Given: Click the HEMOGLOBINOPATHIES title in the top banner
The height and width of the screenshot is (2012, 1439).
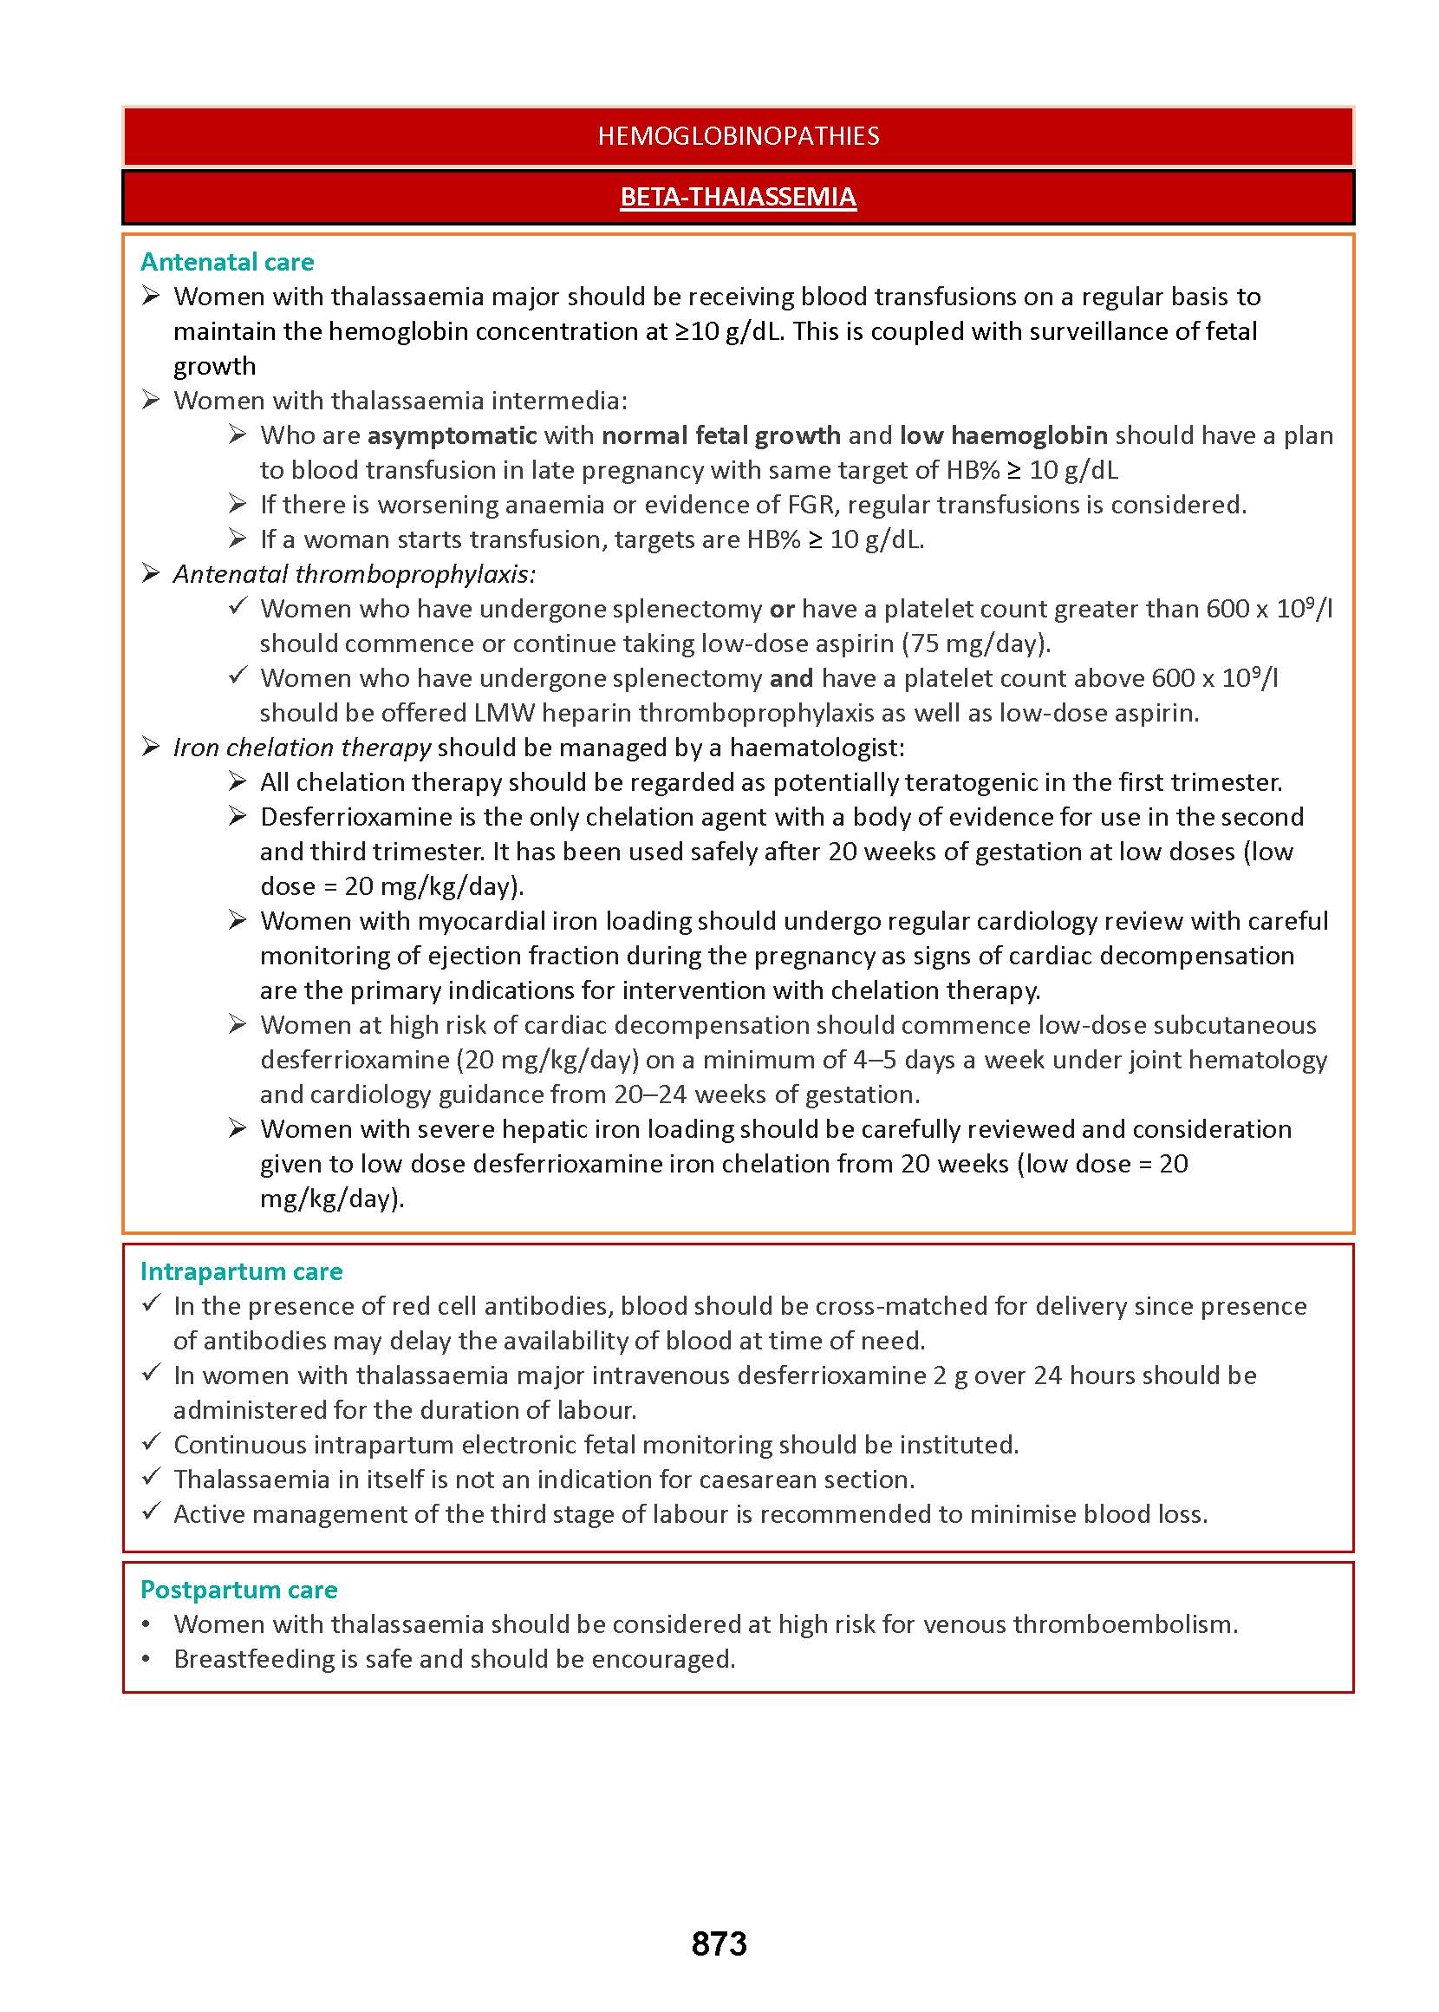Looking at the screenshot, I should (738, 135).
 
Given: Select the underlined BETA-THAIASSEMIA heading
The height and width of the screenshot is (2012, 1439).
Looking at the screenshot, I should (738, 197).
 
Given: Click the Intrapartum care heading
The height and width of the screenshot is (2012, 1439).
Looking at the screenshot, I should (241, 1271).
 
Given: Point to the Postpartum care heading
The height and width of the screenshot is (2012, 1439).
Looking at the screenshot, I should (238, 1589).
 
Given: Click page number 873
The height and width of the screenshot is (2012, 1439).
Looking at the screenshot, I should (719, 1943).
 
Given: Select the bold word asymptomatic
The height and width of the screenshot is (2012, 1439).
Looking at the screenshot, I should (452, 435).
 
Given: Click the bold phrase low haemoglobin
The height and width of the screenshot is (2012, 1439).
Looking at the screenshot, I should (1003, 435).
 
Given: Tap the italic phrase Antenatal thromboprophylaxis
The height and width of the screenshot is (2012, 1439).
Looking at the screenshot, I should (355, 574).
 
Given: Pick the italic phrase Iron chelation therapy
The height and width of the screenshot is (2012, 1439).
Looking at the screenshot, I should (303, 748).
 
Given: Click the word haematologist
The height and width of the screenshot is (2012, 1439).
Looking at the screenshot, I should (815, 748).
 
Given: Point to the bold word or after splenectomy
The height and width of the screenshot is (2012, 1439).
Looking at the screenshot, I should (782, 609).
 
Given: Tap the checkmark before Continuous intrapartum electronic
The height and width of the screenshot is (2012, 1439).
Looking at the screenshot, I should (152, 1443).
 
